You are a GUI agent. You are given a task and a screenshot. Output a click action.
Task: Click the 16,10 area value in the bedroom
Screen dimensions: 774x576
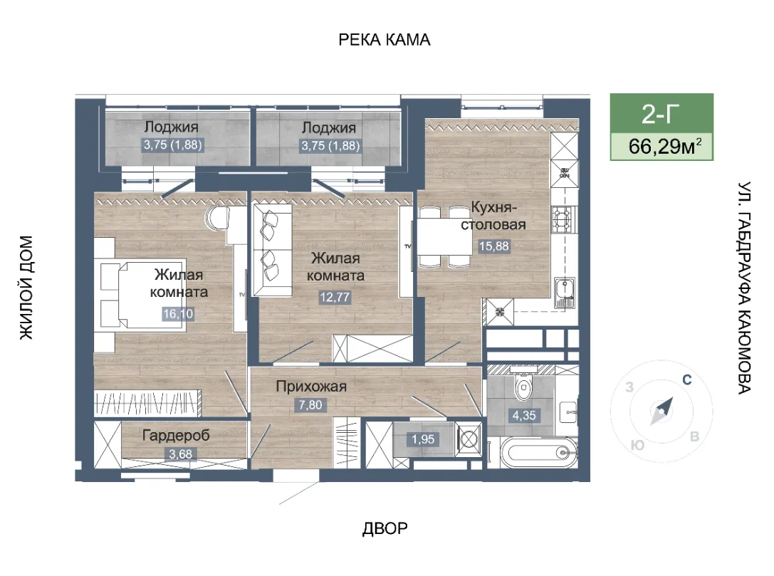178,313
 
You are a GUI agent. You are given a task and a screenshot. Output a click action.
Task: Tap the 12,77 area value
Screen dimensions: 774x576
335,297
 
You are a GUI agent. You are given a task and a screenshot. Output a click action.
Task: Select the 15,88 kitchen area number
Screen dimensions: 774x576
493,246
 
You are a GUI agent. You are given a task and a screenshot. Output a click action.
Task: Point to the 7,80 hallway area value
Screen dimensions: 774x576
310,404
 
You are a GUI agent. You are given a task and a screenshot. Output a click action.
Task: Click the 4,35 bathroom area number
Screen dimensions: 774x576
524,416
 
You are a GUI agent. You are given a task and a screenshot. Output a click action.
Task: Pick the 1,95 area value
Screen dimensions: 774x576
423,439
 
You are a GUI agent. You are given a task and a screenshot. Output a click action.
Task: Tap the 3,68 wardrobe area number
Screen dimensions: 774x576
181,454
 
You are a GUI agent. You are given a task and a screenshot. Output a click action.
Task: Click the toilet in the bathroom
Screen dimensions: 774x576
522,385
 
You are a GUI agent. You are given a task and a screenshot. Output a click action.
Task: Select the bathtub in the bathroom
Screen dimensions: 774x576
538,452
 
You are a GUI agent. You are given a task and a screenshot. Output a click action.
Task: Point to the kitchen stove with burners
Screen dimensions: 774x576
563,218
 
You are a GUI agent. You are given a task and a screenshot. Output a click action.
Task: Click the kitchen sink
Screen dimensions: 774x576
564,292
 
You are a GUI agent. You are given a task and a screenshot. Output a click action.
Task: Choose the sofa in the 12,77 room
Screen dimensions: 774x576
272,250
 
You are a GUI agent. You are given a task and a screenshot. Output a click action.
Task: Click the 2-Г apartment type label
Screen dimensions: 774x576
661,113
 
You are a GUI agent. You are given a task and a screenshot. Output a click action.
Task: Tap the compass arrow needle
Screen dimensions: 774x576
662,411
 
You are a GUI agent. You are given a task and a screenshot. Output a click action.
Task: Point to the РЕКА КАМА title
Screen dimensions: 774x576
384,40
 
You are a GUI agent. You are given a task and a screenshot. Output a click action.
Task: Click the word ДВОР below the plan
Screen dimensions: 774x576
385,528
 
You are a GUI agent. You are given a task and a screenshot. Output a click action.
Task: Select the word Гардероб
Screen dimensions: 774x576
176,435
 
